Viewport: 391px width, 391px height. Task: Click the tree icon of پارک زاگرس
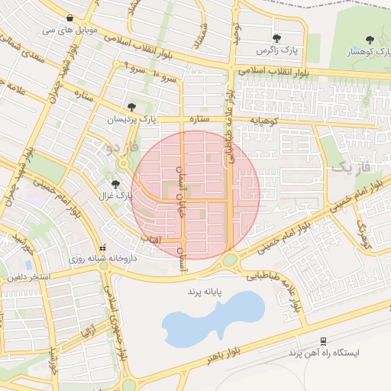tap(276, 37)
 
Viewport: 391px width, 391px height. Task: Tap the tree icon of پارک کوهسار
tap(370, 39)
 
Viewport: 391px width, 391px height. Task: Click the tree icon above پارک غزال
tap(116, 183)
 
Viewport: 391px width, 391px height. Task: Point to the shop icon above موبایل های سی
tap(70, 18)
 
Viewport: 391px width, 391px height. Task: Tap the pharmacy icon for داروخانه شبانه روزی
tap(102, 247)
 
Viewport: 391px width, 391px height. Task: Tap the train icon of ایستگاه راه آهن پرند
tap(324, 341)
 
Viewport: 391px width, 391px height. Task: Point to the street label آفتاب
tap(150, 241)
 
